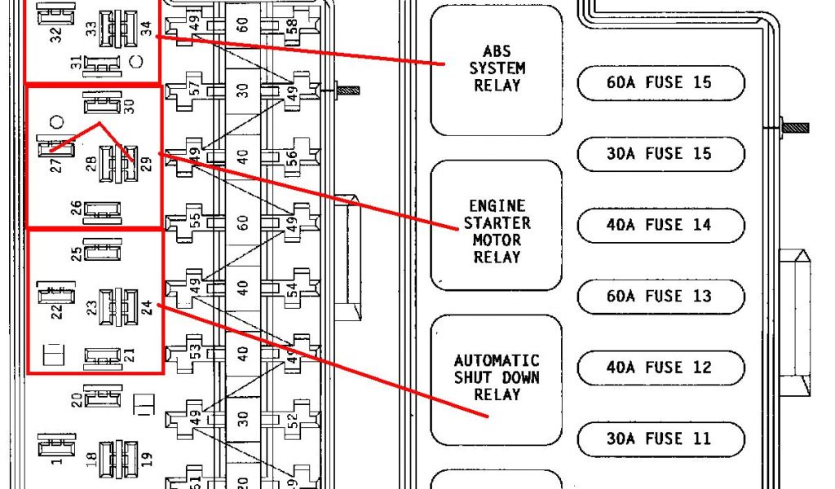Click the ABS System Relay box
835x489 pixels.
(x=496, y=70)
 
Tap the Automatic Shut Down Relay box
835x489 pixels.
(x=496, y=377)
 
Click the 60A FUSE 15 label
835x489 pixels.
(x=660, y=82)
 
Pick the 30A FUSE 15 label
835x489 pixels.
(x=660, y=154)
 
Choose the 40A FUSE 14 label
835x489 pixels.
(x=660, y=225)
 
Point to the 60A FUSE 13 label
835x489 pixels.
(x=660, y=297)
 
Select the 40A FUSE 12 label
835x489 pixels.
(x=660, y=368)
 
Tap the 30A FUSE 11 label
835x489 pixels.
(x=660, y=439)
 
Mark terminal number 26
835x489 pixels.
(x=76, y=209)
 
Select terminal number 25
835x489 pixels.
(x=76, y=253)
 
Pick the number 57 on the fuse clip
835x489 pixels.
(x=194, y=88)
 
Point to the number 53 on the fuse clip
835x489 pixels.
(x=194, y=352)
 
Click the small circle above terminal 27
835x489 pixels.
(x=56, y=123)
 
